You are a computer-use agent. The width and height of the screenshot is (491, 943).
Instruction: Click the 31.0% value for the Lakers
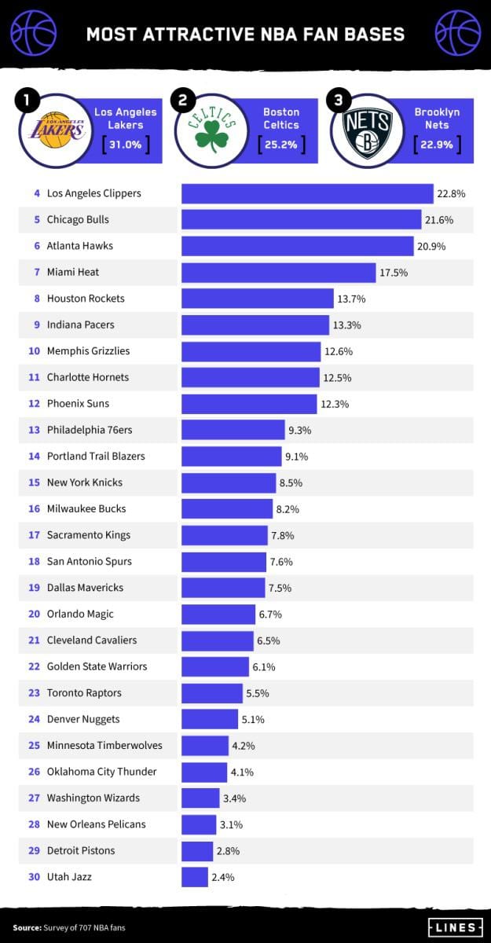coord(125,145)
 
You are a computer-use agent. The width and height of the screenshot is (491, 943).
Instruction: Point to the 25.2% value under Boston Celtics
coord(280,145)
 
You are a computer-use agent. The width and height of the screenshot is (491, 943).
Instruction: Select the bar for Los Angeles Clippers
coord(307,193)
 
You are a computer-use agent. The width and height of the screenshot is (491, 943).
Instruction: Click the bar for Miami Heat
coord(278,272)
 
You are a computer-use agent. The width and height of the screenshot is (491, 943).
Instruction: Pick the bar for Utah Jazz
coord(194,877)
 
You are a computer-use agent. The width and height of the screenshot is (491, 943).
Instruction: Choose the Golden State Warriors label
coord(97,666)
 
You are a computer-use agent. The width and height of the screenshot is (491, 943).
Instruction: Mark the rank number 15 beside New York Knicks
coord(34,483)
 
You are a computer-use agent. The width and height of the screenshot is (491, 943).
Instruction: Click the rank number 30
coord(34,877)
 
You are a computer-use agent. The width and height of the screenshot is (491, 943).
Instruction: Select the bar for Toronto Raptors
coord(211,693)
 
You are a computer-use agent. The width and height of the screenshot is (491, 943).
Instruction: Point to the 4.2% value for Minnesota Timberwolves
coord(243,746)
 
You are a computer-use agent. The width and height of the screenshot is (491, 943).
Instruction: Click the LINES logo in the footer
coord(455,927)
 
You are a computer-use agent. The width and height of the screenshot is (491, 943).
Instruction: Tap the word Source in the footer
coord(27,928)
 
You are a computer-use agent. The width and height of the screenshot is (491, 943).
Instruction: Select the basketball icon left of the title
coord(34,33)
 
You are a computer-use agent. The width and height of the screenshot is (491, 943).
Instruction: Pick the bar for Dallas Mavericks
coord(223,588)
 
